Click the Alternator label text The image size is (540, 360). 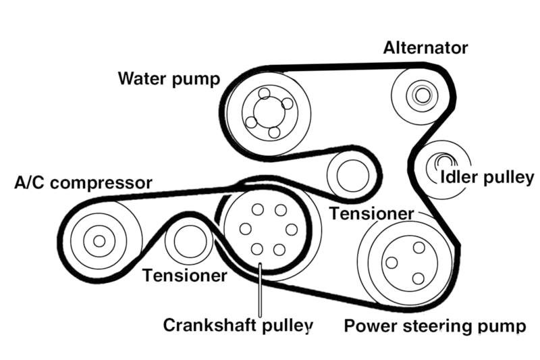point(425,48)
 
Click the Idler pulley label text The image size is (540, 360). point(486,178)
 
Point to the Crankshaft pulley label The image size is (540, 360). point(238,326)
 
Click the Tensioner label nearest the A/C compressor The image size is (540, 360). point(184,275)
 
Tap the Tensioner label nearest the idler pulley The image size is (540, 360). point(371,213)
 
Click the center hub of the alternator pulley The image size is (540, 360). point(422,95)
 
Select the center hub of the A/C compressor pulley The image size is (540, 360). point(99,241)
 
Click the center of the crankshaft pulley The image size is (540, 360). point(268,230)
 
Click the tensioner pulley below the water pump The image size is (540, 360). point(350,174)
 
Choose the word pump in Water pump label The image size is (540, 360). point(198,78)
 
